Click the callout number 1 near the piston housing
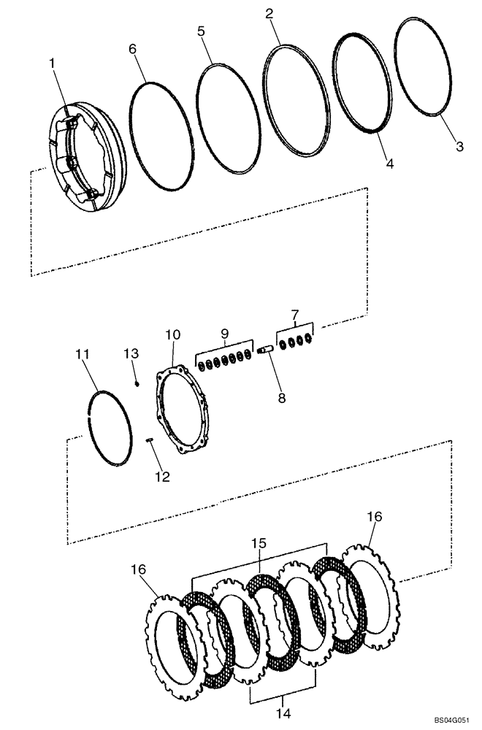coord(52,64)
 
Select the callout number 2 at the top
coord(269,14)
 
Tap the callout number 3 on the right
coord(459,147)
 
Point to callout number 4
coord(390,165)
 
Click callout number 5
coord(201,31)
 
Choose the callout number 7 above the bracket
coord(295,315)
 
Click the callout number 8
coord(281,399)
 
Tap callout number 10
coord(172,335)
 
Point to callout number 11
coord(83,354)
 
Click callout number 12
coord(161,477)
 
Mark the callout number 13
coord(131,353)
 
